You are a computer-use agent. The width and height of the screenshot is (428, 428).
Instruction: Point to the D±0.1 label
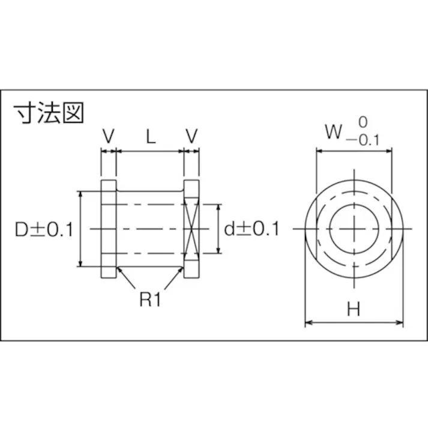[44, 229]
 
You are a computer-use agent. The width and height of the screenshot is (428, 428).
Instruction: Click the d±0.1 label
[252, 229]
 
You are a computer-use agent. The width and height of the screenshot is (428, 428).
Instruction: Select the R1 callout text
[151, 300]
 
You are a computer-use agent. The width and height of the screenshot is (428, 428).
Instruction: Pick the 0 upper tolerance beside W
[362, 122]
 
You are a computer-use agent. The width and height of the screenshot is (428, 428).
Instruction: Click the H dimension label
[354, 310]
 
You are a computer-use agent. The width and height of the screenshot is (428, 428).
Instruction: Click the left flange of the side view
[108, 229]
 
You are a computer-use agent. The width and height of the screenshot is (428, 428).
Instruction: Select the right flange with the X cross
[191, 229]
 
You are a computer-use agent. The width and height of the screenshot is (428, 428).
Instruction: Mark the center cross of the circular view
[355, 229]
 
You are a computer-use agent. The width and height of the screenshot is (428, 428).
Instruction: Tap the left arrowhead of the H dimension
[309, 324]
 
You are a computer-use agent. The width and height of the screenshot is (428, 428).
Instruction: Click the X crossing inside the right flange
[191, 229]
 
